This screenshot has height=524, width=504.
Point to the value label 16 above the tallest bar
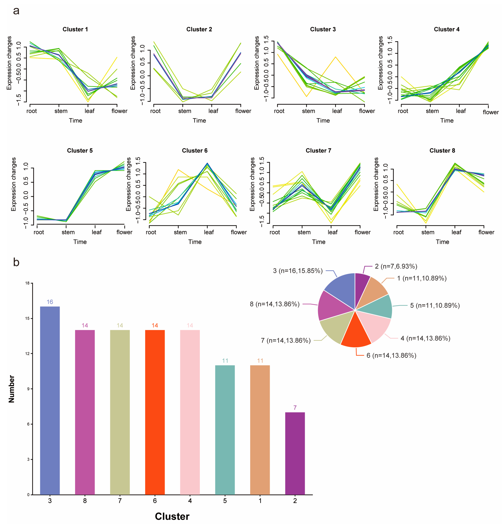(x=50, y=302)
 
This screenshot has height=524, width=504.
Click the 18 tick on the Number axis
(x=27, y=283)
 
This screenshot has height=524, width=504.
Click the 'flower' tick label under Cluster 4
(x=491, y=112)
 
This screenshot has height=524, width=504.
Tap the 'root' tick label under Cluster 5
(x=39, y=232)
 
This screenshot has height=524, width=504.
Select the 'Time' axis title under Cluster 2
(x=199, y=121)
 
